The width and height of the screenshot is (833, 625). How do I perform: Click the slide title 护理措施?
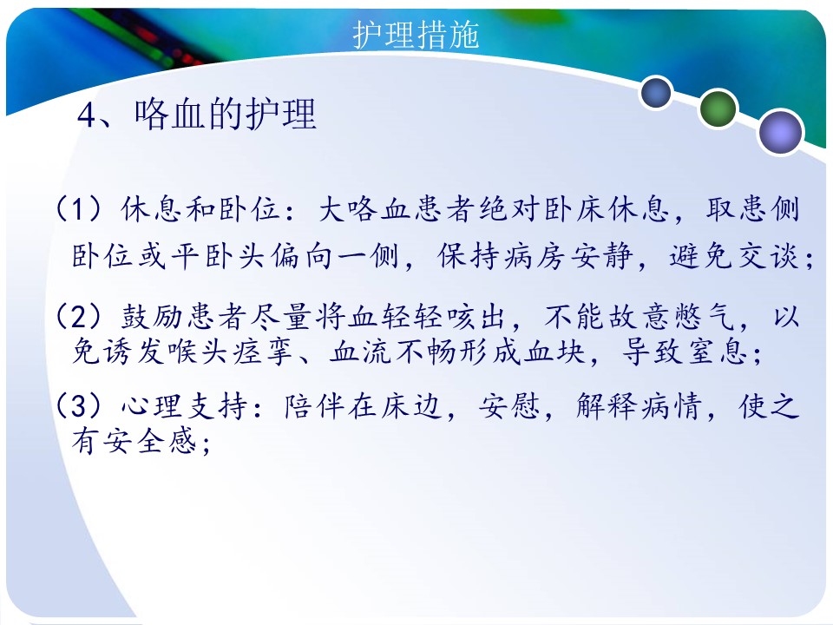click(x=416, y=35)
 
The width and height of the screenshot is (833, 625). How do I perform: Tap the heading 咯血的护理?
click(x=226, y=114)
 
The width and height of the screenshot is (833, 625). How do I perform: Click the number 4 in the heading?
click(x=86, y=115)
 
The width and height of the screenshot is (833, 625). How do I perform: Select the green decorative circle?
click(x=718, y=109)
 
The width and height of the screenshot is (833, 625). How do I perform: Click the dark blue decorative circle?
click(x=656, y=92)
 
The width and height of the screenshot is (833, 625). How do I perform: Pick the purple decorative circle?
click(x=780, y=132)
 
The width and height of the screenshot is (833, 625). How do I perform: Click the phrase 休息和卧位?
click(x=200, y=208)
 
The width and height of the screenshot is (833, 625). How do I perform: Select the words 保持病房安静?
click(x=535, y=256)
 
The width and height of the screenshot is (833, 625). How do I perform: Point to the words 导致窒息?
click(x=685, y=352)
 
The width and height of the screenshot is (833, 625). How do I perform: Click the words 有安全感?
click(x=134, y=441)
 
